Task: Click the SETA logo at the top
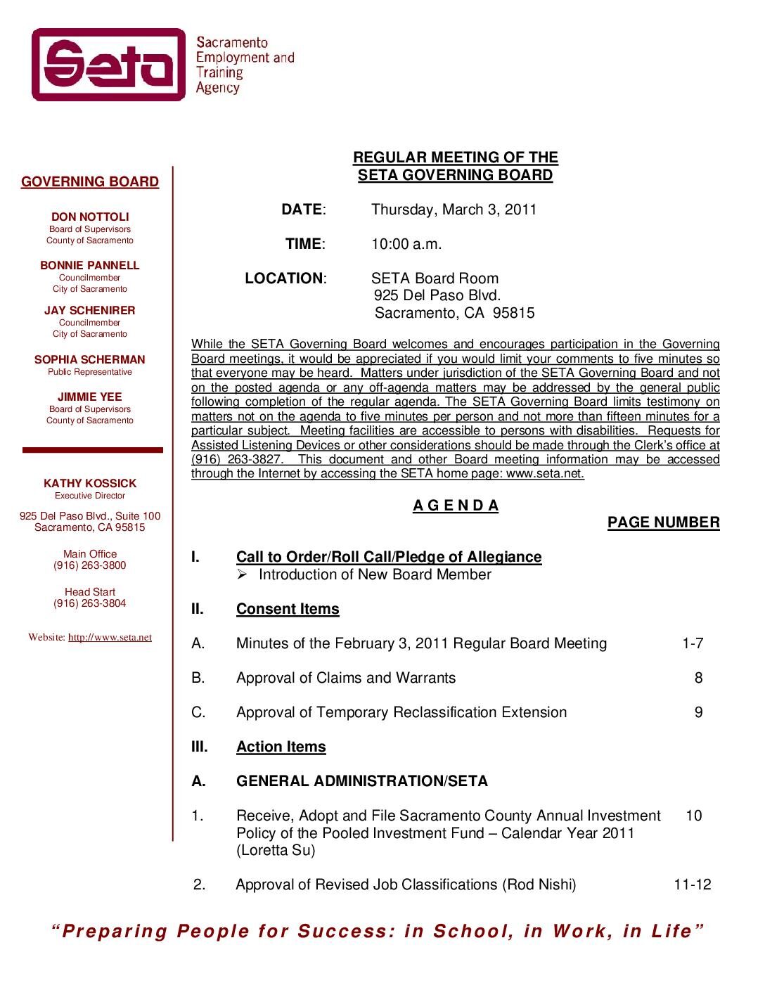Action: (109, 65)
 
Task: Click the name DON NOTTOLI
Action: (90, 217)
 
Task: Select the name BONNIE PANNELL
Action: (90, 266)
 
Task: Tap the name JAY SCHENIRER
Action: (90, 311)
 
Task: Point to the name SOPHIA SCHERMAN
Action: (90, 360)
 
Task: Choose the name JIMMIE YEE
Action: (90, 397)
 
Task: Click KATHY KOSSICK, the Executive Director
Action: (90, 484)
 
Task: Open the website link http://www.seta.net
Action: (110, 638)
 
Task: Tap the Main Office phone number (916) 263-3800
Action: (90, 565)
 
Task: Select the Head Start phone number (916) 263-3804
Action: (90, 603)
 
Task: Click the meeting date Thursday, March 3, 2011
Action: (454, 210)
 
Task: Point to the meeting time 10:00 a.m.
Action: (406, 244)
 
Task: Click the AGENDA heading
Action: (456, 506)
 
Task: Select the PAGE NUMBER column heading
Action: (663, 522)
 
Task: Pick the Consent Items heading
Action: (288, 609)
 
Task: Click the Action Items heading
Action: (281, 747)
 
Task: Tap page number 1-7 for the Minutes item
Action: (693, 643)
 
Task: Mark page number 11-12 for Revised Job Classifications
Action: (693, 885)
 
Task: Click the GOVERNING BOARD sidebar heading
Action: (90, 182)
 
